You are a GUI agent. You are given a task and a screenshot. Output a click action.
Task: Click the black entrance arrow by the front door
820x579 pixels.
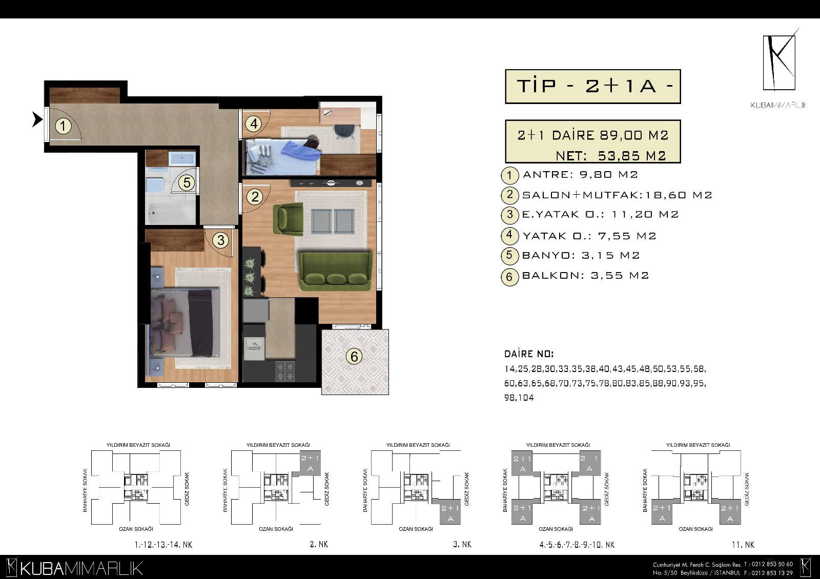(37, 119)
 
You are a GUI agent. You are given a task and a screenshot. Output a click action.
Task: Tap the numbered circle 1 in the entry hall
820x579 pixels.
(63, 126)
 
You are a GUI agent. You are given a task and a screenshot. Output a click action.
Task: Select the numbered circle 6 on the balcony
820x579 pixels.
(354, 357)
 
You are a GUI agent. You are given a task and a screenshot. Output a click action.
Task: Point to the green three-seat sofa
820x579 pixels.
(335, 270)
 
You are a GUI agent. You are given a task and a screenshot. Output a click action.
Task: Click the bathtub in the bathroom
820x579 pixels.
(170, 212)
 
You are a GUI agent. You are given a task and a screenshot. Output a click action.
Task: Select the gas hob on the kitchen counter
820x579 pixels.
(285, 371)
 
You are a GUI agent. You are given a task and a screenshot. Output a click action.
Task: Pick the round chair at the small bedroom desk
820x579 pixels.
(344, 131)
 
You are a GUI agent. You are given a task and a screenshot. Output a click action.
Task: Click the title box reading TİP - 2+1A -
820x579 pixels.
(592, 87)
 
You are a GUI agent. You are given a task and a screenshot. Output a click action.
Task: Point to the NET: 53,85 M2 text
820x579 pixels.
(610, 156)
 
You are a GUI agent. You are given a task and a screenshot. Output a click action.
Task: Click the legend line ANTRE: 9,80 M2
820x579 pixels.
(580, 174)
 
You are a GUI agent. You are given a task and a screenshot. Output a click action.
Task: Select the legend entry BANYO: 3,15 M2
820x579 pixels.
(581, 255)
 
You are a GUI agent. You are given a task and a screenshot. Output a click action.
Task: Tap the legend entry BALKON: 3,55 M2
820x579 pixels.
(585, 275)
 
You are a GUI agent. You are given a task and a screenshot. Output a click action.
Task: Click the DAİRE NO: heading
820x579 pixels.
(529, 354)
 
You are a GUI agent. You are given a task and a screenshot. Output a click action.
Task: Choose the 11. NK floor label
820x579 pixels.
(743, 545)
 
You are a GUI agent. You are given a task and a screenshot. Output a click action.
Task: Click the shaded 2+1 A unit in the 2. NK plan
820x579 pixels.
(310, 463)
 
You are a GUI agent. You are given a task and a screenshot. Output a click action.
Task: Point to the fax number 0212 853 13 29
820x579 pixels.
(772, 573)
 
